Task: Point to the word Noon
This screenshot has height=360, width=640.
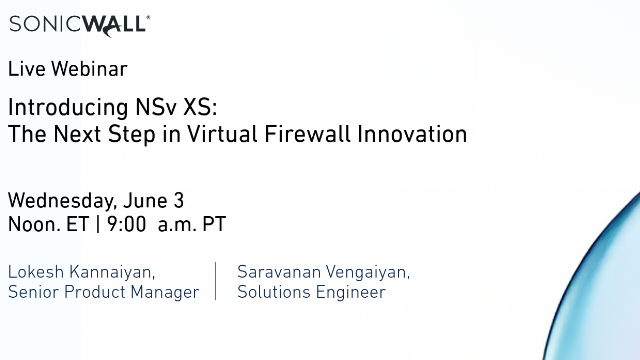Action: pyautogui.click(x=33, y=224)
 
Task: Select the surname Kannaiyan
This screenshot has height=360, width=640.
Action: pyautogui.click(x=114, y=272)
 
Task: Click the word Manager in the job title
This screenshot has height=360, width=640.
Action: pyautogui.click(x=168, y=292)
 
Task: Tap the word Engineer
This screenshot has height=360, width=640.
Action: pyautogui.click(x=349, y=292)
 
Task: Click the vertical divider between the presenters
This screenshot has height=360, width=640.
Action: pyautogui.click(x=216, y=281)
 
